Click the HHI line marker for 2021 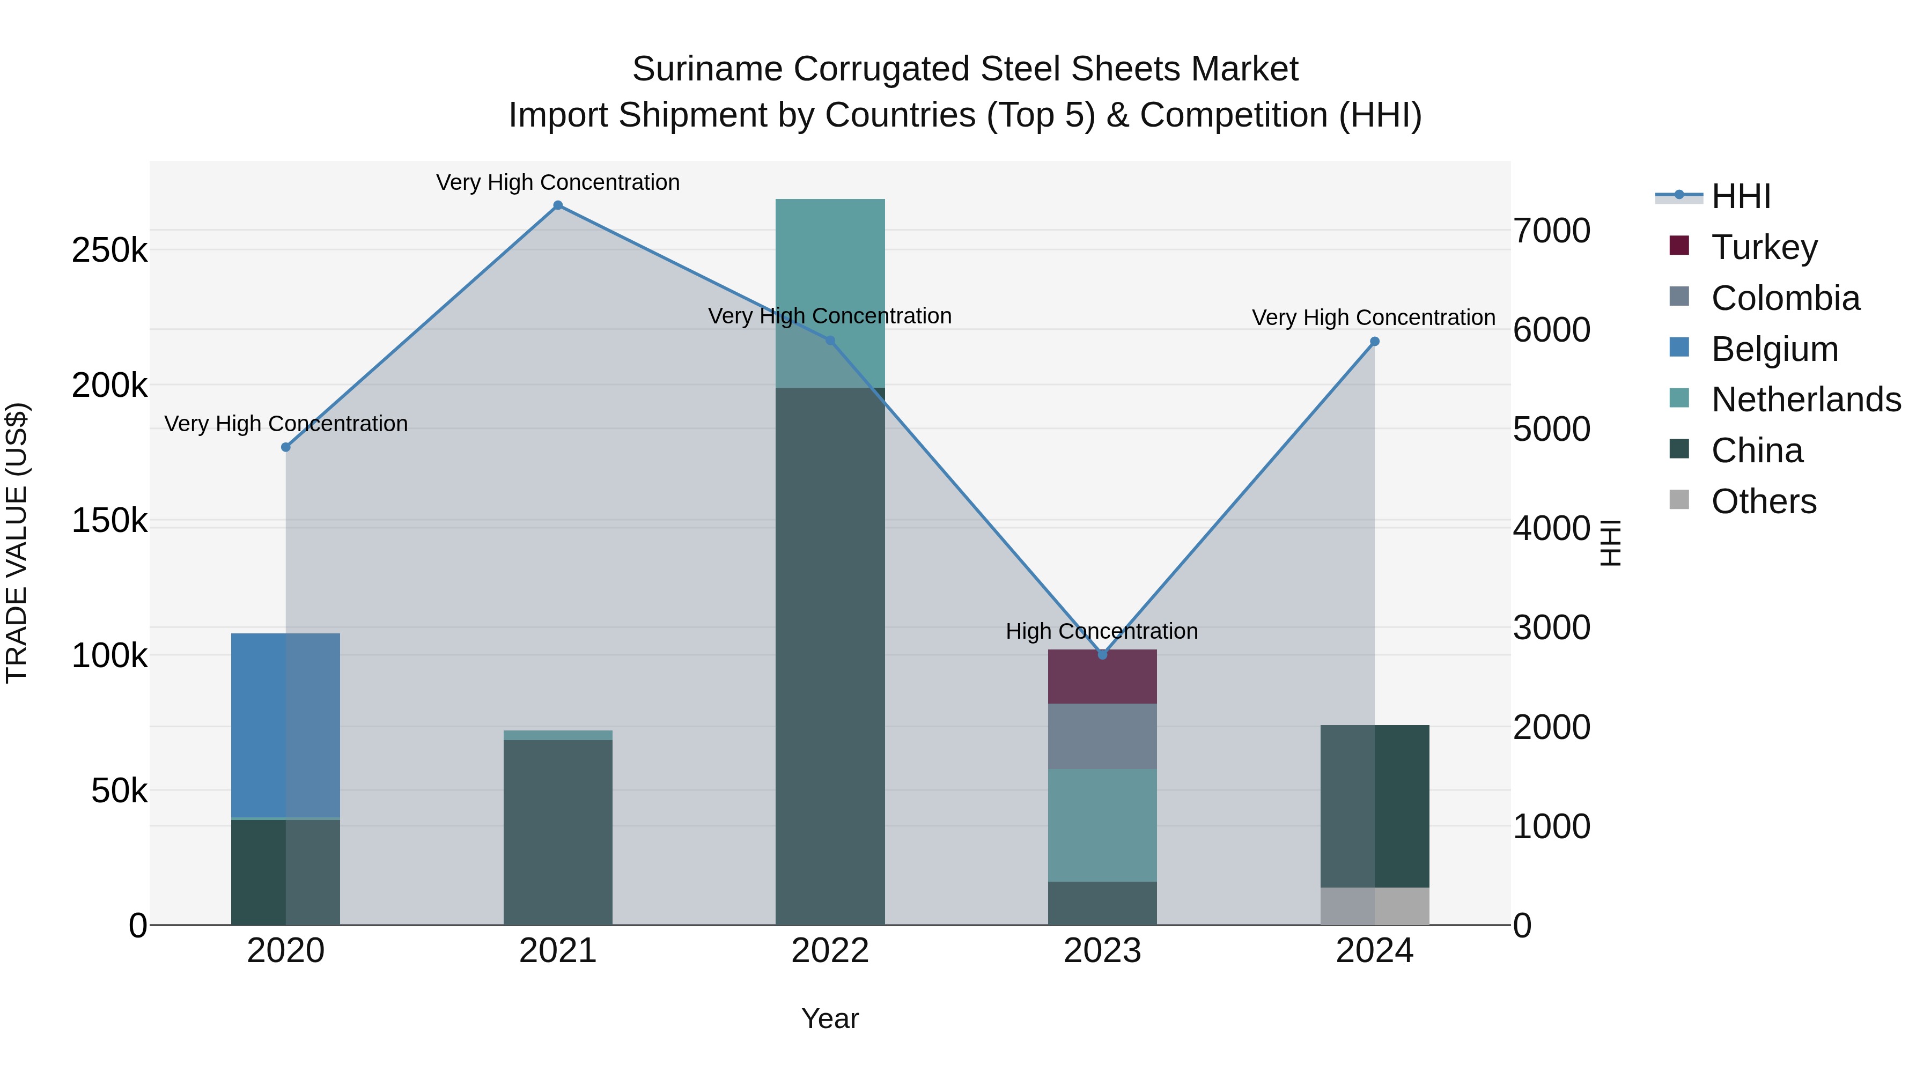point(558,205)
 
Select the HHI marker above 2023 point(1102,654)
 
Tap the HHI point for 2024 point(1375,342)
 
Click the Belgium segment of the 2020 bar point(285,725)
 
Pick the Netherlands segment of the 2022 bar point(830,292)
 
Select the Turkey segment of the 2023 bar point(1102,677)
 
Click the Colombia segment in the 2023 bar point(1102,736)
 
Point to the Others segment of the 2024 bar point(1375,906)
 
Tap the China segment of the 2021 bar point(558,832)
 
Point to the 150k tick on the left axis point(109,520)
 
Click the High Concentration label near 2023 point(1101,631)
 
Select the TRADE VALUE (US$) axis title point(17,543)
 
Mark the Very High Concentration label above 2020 point(285,424)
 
